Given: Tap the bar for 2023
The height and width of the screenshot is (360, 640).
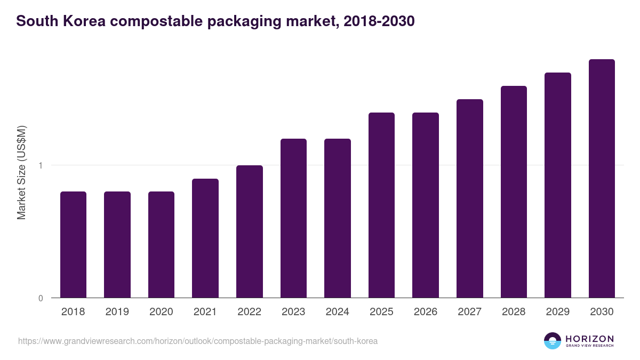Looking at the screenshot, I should (x=293, y=218).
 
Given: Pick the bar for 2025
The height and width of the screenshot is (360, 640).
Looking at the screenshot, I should (x=381, y=205).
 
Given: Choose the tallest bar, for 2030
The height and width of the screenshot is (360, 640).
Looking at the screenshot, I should (x=602, y=178).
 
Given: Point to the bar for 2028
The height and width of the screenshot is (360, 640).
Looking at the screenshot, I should (x=514, y=191).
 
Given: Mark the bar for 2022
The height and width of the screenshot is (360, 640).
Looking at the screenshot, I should (x=250, y=231).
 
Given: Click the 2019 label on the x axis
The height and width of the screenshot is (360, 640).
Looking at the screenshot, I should (x=117, y=312).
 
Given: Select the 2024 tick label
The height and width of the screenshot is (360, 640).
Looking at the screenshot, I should (x=337, y=312).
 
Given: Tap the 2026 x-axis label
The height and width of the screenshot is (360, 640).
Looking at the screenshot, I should (x=426, y=312).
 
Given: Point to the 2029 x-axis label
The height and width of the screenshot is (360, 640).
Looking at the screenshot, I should (x=557, y=312).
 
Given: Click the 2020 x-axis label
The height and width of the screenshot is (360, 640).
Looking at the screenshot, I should (x=161, y=312).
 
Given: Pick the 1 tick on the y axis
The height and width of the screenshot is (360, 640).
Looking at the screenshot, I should (x=41, y=165).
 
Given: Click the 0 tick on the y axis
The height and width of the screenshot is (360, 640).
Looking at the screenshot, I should (x=41, y=298).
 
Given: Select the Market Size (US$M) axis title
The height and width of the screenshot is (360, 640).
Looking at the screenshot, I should (x=21, y=172).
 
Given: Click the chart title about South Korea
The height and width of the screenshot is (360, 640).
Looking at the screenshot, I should (x=215, y=21).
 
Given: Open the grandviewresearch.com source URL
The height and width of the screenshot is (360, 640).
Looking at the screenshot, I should (x=198, y=341).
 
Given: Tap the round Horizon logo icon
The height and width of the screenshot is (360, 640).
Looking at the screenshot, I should (x=553, y=341).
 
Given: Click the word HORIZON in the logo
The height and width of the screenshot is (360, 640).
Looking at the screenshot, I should (x=589, y=339).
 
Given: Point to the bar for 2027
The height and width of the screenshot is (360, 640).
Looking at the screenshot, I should (x=469, y=198).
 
